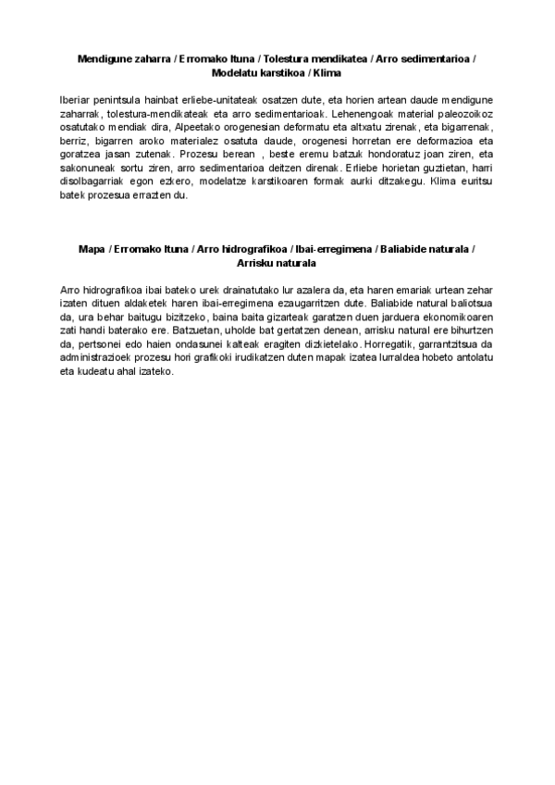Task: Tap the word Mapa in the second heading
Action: pyautogui.click(x=92, y=249)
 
